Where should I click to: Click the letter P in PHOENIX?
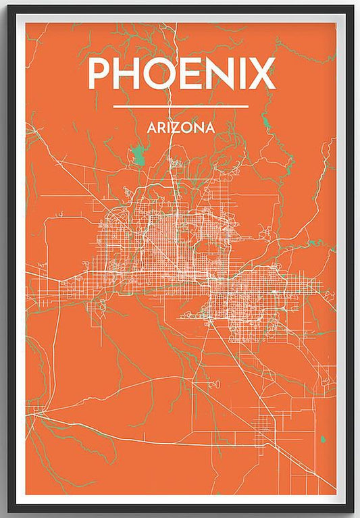coord(99,74)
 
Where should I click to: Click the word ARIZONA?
coord(180,126)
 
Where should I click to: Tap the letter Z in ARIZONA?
coord(175,126)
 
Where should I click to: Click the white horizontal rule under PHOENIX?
coord(180,106)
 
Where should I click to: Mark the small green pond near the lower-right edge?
coord(323,440)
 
